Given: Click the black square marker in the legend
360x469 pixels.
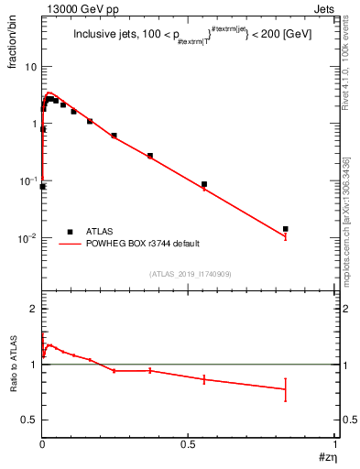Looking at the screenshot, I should [x=70, y=231].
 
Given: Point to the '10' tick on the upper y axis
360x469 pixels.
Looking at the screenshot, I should [x=30, y=67].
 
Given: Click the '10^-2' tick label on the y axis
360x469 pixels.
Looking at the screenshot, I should [x=28, y=238].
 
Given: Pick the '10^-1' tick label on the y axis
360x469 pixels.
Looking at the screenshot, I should [x=28, y=181].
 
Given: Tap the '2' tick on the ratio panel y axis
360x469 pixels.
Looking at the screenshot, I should [x=34, y=309].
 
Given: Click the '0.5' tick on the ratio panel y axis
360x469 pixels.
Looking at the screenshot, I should [x=29, y=420].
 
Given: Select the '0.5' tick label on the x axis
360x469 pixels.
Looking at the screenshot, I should [x=189, y=443].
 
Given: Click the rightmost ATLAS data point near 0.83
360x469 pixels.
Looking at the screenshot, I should [x=286, y=229].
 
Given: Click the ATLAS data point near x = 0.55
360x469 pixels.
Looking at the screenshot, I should [x=204, y=184].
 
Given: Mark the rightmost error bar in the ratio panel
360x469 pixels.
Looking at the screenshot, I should [x=286, y=389].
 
